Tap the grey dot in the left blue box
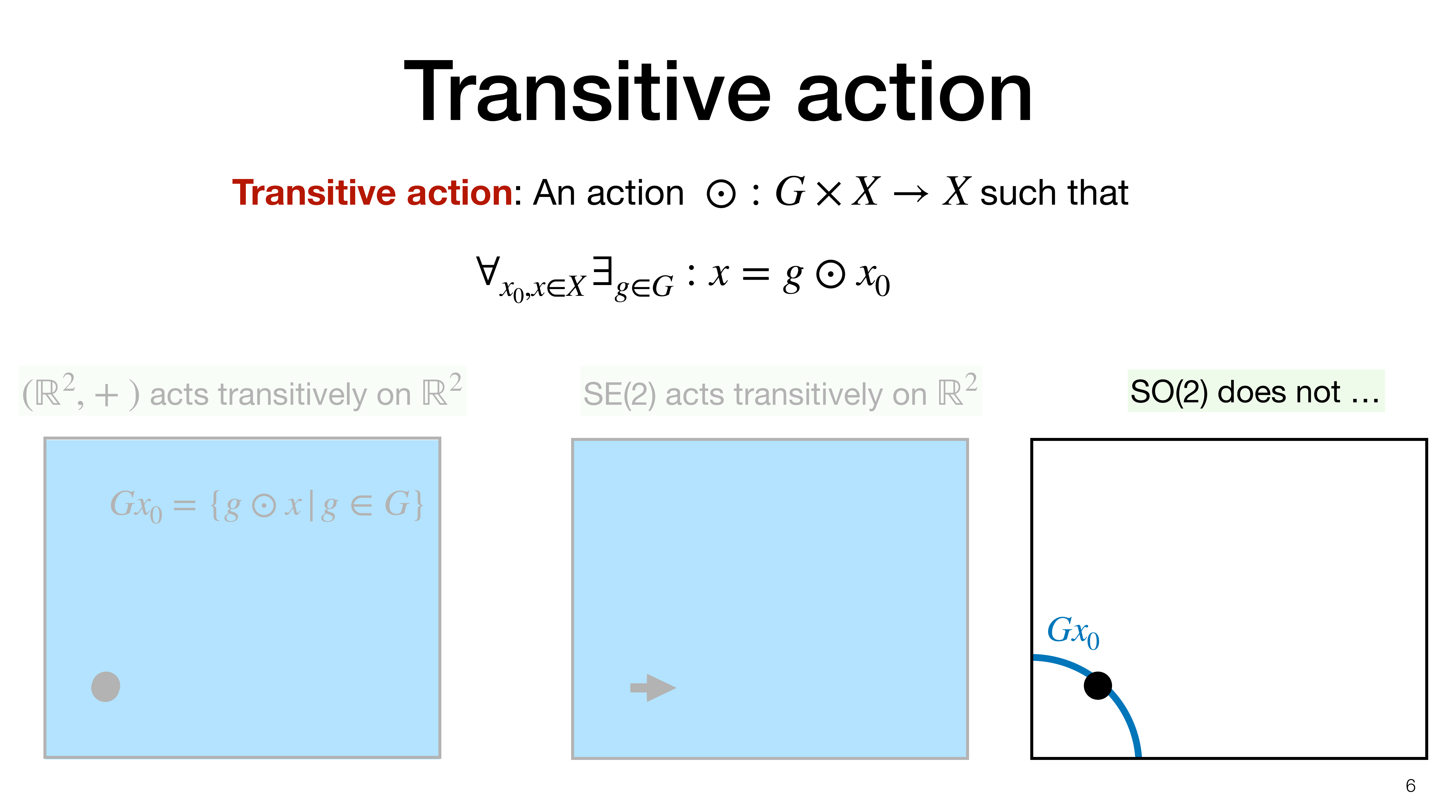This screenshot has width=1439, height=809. click(x=105, y=687)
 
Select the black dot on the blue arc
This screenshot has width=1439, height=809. click(x=1098, y=685)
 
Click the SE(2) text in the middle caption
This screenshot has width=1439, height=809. click(x=619, y=394)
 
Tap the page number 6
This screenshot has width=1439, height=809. click(x=1410, y=786)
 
